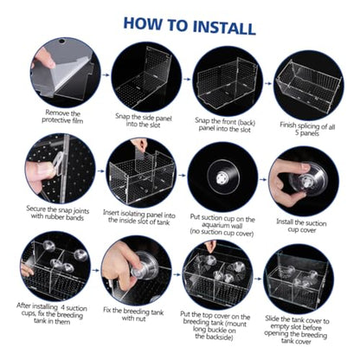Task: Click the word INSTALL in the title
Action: click(223, 27)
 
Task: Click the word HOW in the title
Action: click(143, 23)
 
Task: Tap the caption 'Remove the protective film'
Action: click(62, 117)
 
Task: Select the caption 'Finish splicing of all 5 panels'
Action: click(307, 129)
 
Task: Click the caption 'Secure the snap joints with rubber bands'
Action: click(58, 213)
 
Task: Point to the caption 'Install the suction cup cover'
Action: click(301, 226)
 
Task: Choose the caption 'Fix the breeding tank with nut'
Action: click(133, 314)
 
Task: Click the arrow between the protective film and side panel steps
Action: click(106, 75)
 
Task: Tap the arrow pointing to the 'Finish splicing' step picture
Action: click(268, 84)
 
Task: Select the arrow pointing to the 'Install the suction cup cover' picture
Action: click(263, 179)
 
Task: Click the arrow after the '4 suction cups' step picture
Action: click(95, 271)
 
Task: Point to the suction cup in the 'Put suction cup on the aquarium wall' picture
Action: click(222, 177)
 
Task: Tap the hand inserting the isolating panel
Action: click(138, 145)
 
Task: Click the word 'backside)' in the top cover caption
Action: click(214, 337)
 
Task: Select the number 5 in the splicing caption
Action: click(298, 132)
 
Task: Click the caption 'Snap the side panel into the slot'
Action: click(144, 121)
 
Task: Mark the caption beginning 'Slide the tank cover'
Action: click(296, 331)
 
